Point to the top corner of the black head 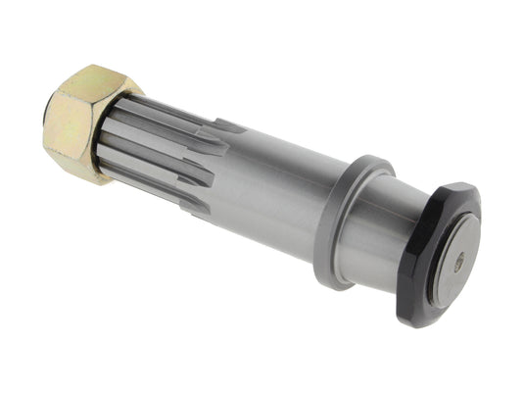pos(461,185)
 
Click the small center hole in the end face pos(458,262)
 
